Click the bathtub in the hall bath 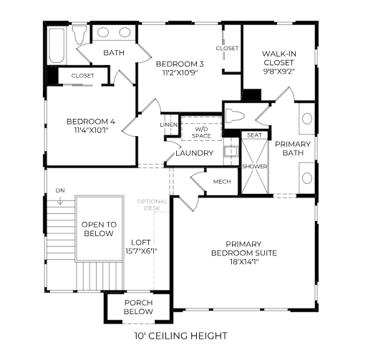(57, 46)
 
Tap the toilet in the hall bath (79, 35)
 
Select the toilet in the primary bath (235, 116)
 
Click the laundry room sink (231, 152)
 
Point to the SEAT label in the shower (254, 135)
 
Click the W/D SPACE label (201, 132)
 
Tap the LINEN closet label (169, 125)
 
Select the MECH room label (222, 182)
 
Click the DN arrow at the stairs (60, 200)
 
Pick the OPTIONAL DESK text (152, 205)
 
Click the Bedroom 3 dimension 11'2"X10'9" (180, 72)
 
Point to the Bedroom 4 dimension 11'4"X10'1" (91, 130)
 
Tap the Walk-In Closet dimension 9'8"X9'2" (279, 72)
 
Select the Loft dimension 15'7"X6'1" (141, 251)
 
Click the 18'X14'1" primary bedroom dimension (244, 262)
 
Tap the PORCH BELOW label (139, 307)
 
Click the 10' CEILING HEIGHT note (180, 336)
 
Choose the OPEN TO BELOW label (99, 229)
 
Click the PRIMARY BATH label (293, 148)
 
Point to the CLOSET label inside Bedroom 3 (227, 48)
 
